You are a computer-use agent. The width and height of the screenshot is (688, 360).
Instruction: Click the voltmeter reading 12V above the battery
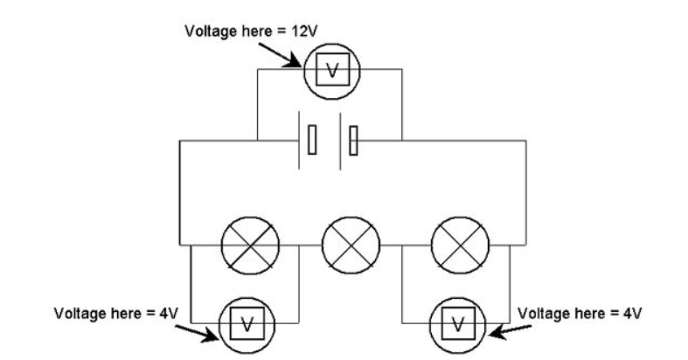330,71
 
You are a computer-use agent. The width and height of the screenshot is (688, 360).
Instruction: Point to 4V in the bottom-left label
173,312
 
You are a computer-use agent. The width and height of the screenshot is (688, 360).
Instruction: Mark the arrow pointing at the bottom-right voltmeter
507,329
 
